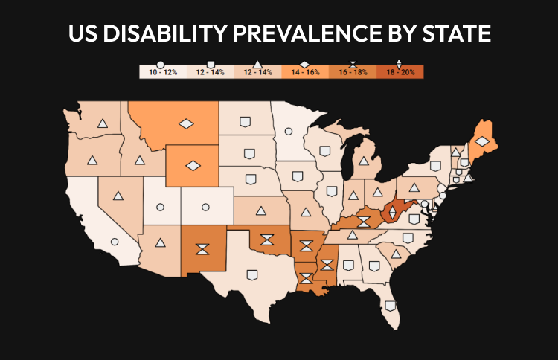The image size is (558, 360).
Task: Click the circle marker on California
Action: (x=115, y=241)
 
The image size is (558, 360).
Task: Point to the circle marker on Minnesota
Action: (x=288, y=132)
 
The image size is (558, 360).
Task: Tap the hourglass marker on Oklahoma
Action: (x=266, y=240)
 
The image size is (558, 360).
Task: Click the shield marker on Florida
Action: (x=391, y=305)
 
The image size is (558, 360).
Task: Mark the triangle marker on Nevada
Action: (x=118, y=197)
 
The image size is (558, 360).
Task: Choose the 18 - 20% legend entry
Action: (x=400, y=72)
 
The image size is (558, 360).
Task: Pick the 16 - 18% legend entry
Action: (x=352, y=72)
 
